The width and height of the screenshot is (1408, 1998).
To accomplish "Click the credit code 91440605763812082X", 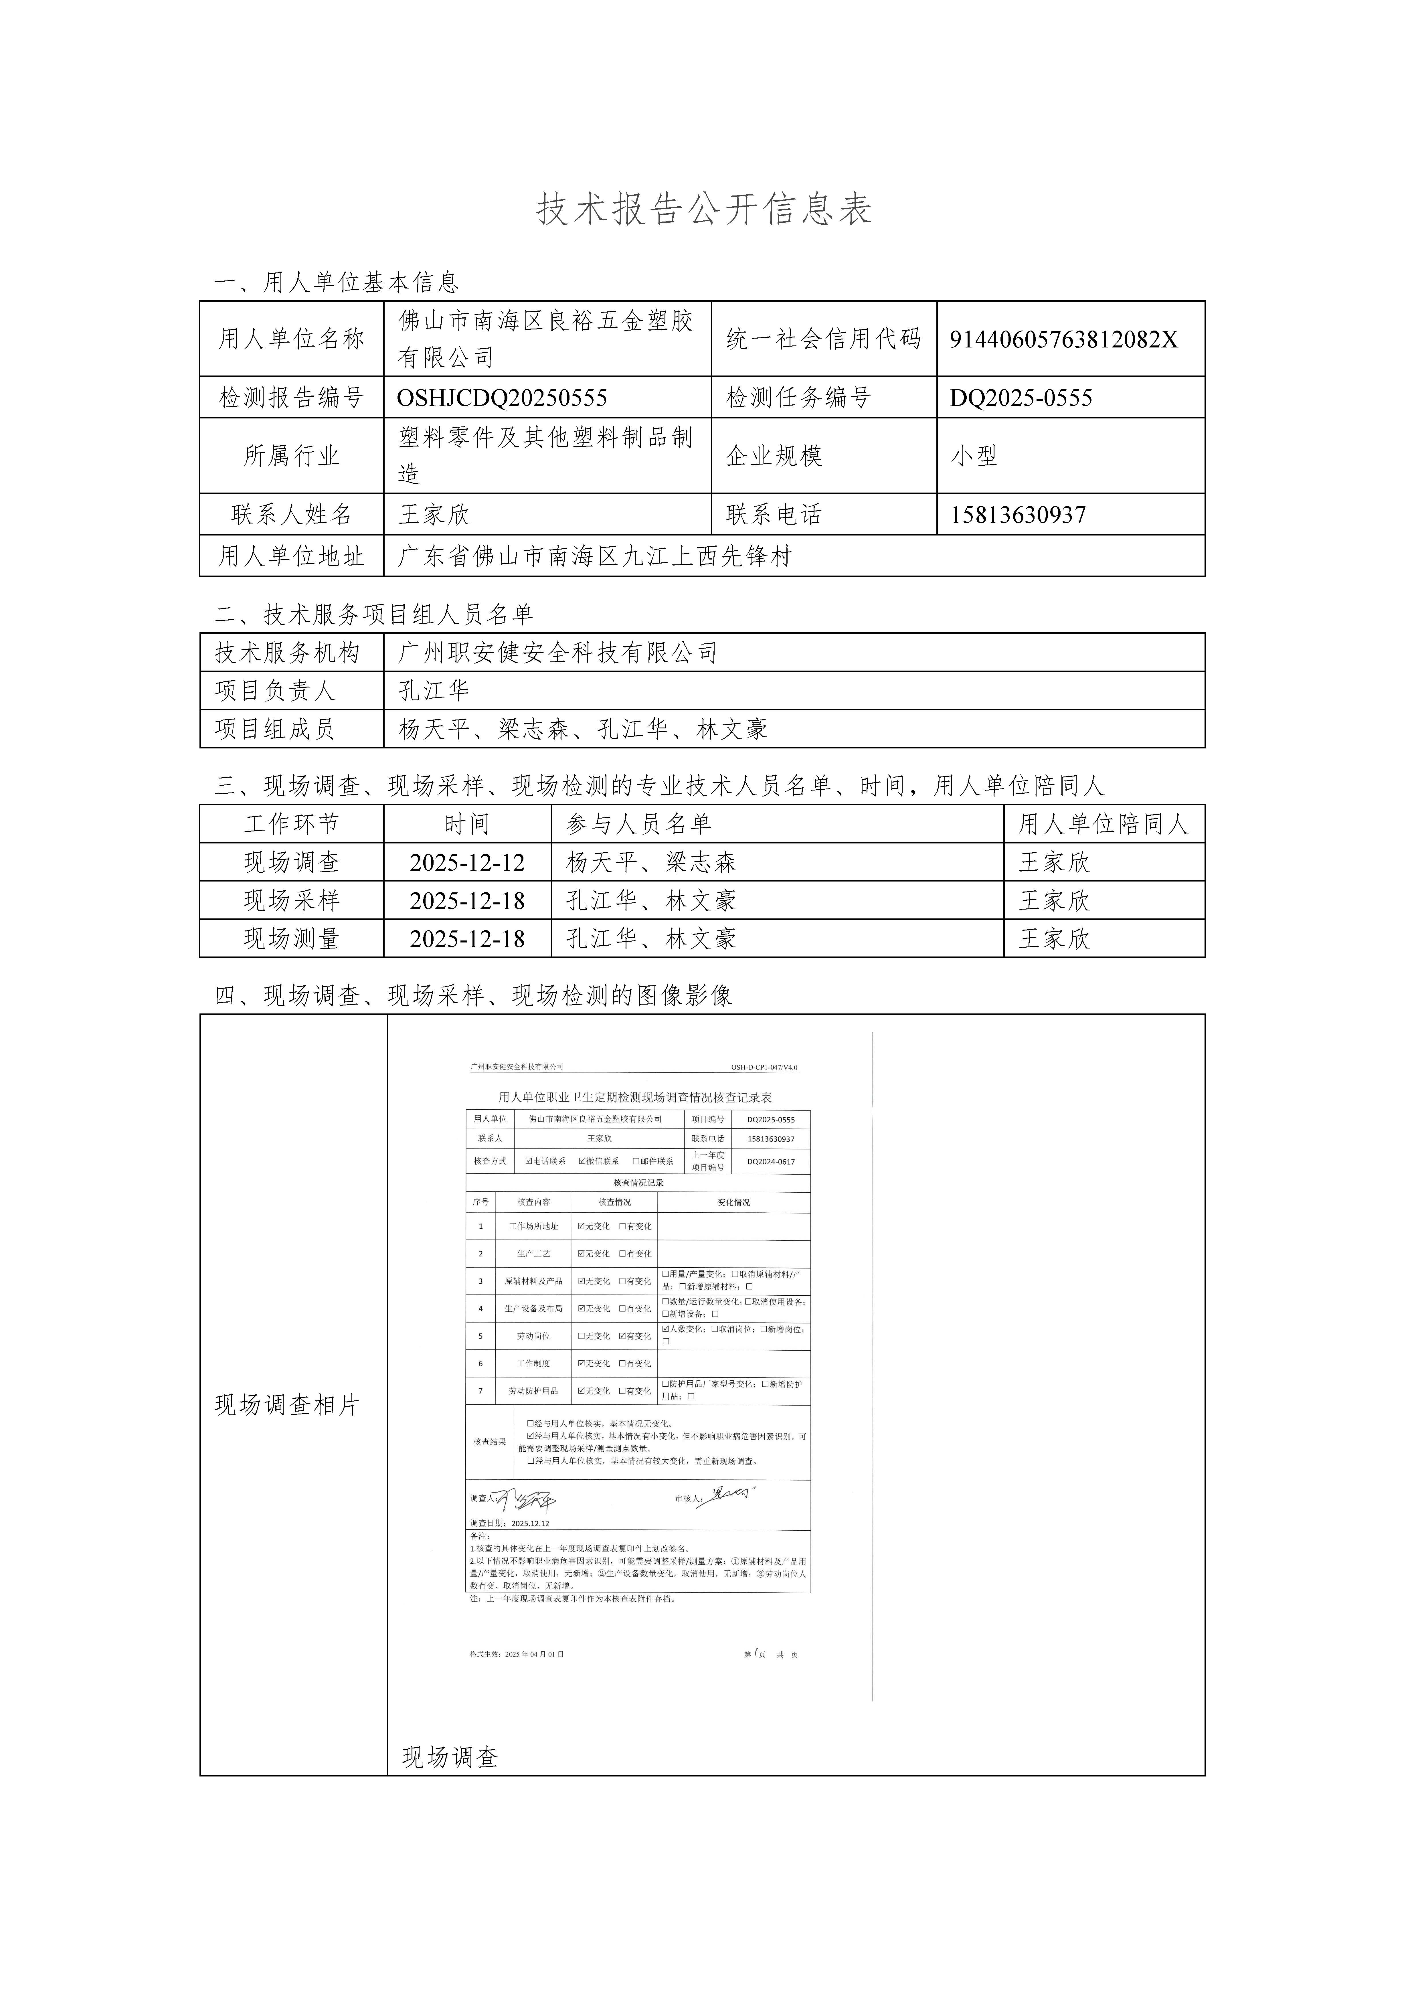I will (1063, 339).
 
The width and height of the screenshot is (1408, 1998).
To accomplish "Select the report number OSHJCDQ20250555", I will (502, 398).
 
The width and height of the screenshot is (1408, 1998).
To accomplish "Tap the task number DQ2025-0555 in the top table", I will (1021, 398).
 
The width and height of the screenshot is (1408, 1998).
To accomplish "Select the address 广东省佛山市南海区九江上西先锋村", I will (594, 556).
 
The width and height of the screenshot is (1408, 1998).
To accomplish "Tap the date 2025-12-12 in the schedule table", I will (467, 862).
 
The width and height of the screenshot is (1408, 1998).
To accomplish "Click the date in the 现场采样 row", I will (467, 901).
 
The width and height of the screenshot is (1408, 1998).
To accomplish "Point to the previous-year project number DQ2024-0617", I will (771, 1162).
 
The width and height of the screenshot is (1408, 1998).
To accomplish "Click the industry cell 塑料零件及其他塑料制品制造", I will (546, 455).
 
